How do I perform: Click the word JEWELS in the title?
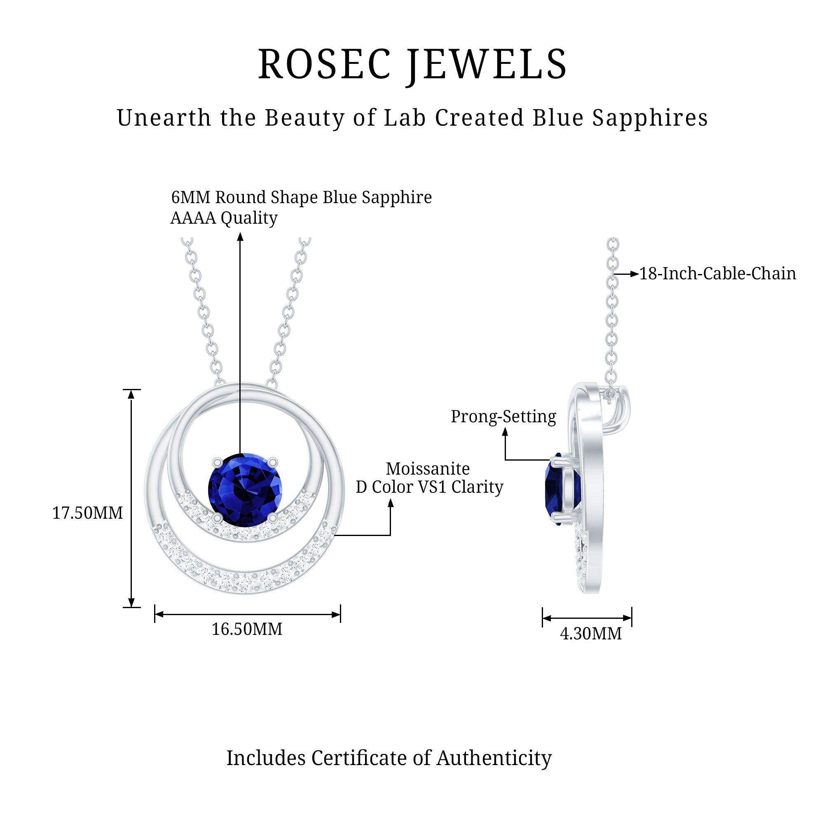pos(487,65)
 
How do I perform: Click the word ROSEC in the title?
pos(325,65)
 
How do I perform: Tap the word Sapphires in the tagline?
pos(650,118)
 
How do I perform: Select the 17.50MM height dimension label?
pos(87,513)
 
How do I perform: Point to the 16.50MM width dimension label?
pos(247,629)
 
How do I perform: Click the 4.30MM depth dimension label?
pos(591,634)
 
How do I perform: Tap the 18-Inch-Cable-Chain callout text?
pos(717,274)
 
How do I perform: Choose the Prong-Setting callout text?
pos(503,417)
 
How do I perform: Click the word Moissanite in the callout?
pos(428,469)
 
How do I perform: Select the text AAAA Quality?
pos(224,218)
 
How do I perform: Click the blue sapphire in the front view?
pos(245,489)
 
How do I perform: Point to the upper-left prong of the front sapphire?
pos(217,462)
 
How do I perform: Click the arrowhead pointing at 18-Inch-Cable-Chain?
pos(634,274)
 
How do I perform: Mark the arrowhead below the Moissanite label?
pos(390,504)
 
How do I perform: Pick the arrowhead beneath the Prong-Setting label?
pos(506,432)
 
